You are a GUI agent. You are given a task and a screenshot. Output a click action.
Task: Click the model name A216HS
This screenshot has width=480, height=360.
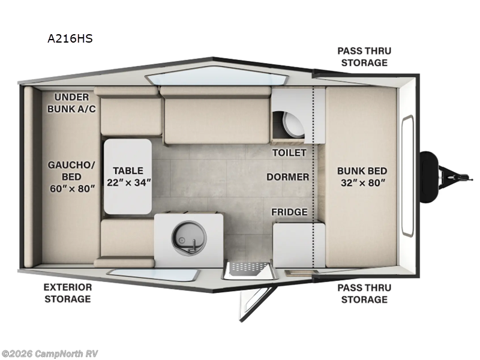pos(70,39)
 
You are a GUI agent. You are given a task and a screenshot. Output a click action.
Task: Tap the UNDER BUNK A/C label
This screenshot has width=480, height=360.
pos(72,103)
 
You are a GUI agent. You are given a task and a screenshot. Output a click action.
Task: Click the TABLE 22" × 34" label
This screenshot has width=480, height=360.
pos(128,176)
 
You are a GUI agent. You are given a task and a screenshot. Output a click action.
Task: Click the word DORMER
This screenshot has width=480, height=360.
pos(288,177)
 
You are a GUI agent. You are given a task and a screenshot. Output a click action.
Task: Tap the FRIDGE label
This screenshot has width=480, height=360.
pos(289,212)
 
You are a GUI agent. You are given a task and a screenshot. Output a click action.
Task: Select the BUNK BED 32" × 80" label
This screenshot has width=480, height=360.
pos(361,176)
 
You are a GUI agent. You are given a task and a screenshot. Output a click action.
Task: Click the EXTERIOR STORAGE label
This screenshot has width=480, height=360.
pos(67,293)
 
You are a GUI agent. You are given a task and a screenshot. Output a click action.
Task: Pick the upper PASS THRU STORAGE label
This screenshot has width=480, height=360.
pos(362,56)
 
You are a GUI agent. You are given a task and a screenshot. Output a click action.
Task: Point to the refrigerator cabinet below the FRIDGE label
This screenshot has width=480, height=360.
pos(292,244)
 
